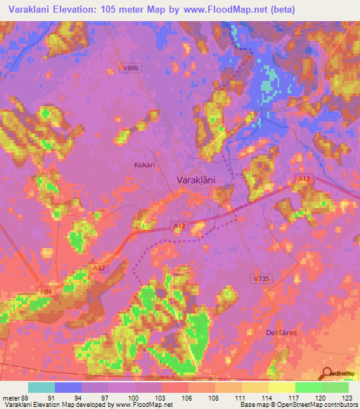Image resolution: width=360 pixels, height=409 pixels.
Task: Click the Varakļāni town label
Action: tap(195, 181)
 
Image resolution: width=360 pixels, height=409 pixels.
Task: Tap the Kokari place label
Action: tap(144, 164)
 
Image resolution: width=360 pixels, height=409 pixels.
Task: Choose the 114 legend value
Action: tap(268, 398)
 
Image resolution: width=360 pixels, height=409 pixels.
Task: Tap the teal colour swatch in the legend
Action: tap(41, 387)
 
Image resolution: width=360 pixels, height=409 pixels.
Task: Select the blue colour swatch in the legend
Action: tap(68, 387)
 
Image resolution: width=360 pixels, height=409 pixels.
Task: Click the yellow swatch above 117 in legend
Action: tap(281, 387)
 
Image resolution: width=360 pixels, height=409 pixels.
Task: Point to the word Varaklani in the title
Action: tap(33, 9)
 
